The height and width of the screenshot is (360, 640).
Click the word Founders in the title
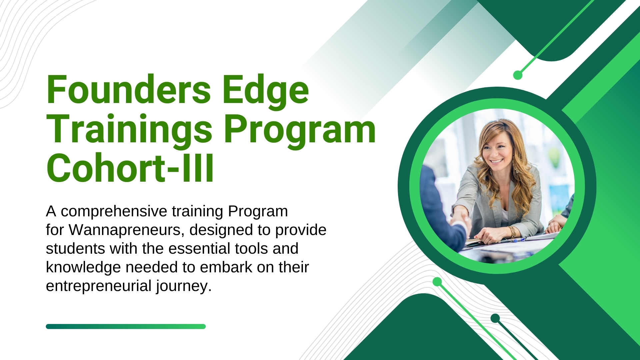tap(129, 89)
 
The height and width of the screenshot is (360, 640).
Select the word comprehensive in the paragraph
tap(114, 211)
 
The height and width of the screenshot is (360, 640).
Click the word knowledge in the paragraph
tap(83, 267)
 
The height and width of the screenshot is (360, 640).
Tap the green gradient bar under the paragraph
tap(126, 326)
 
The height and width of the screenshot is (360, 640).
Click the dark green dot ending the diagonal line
tap(495, 318)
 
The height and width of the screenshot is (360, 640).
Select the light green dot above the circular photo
tap(518, 75)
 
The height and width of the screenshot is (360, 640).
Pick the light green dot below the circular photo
tap(437, 282)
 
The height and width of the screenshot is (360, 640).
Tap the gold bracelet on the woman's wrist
tap(512, 231)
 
